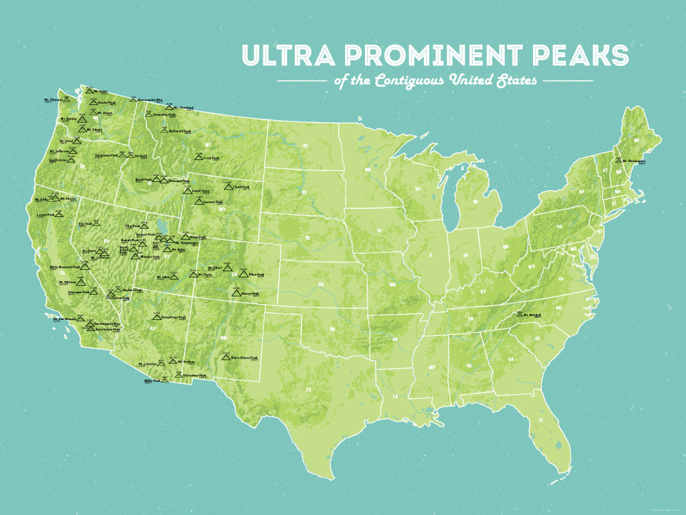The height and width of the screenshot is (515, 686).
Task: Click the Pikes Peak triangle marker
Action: [x=244, y=273]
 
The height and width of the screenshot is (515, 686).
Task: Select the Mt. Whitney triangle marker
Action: [x=81, y=282]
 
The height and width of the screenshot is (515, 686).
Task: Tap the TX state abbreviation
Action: [x=308, y=389]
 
